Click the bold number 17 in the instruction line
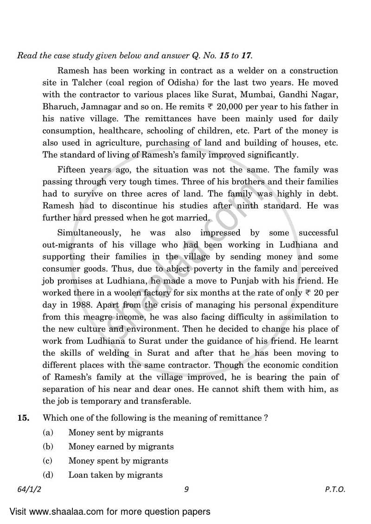[246, 56]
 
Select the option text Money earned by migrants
[121, 447]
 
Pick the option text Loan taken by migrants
[115, 474]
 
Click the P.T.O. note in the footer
[335, 489]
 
